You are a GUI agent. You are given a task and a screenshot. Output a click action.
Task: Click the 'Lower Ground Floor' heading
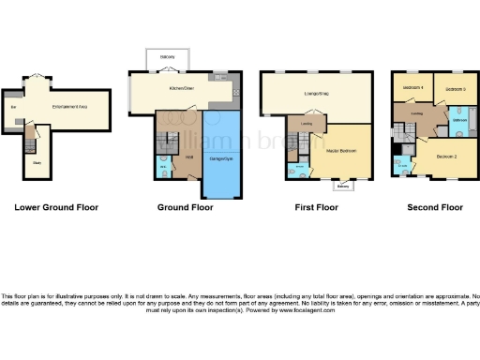56,206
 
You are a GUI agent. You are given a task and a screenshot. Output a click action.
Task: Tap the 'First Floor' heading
315,206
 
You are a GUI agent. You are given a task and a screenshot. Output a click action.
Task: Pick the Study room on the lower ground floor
36,162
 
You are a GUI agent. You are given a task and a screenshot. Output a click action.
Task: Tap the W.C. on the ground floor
162,168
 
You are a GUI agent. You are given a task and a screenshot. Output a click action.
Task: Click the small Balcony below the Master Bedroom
343,185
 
